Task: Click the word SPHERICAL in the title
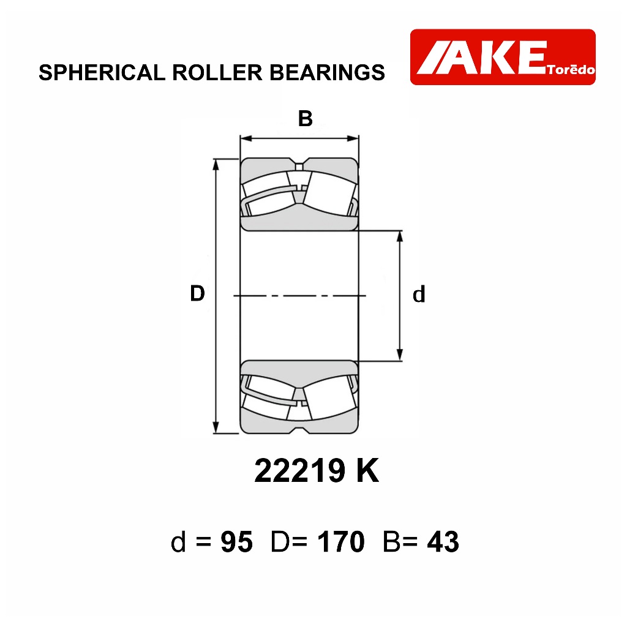[102, 73]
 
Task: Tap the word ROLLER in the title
[217, 73]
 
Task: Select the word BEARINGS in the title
[327, 73]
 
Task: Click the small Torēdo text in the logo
[571, 70]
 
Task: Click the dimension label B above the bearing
[305, 119]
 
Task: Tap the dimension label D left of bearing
[197, 293]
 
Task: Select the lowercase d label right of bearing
[419, 295]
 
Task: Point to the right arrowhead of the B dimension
[353, 139]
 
